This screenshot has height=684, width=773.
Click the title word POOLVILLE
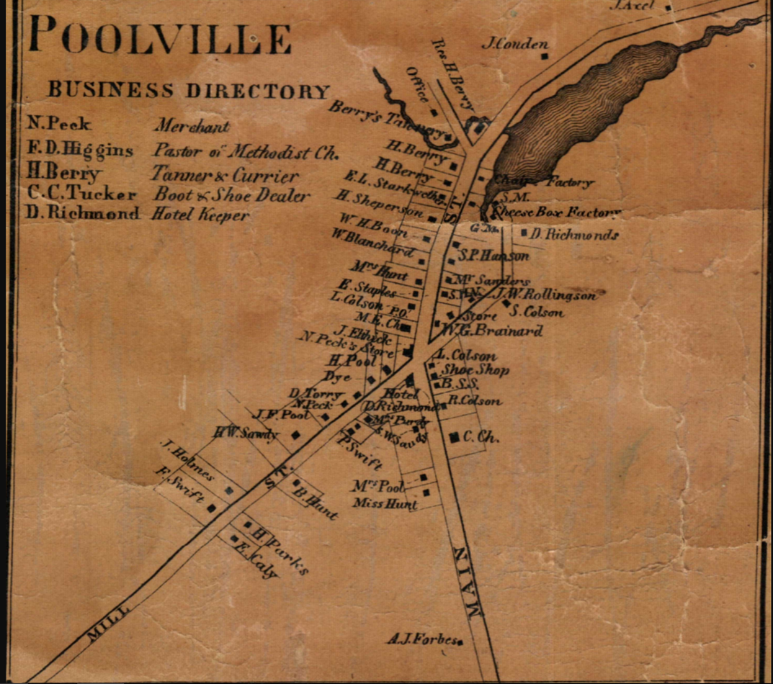[x=160, y=37]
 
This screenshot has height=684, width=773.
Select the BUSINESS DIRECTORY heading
[x=188, y=91]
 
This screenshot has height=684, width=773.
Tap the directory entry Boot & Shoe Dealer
[x=231, y=195]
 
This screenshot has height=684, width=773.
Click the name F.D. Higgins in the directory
[x=80, y=150]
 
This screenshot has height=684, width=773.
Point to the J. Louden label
[x=514, y=44]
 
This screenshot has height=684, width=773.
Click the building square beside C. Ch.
[x=454, y=436]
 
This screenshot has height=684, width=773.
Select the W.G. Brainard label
[x=493, y=331]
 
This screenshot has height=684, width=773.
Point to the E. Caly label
[x=256, y=561]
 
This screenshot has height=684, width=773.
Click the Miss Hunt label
[x=385, y=504]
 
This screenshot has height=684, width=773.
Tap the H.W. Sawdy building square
[x=295, y=435]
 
